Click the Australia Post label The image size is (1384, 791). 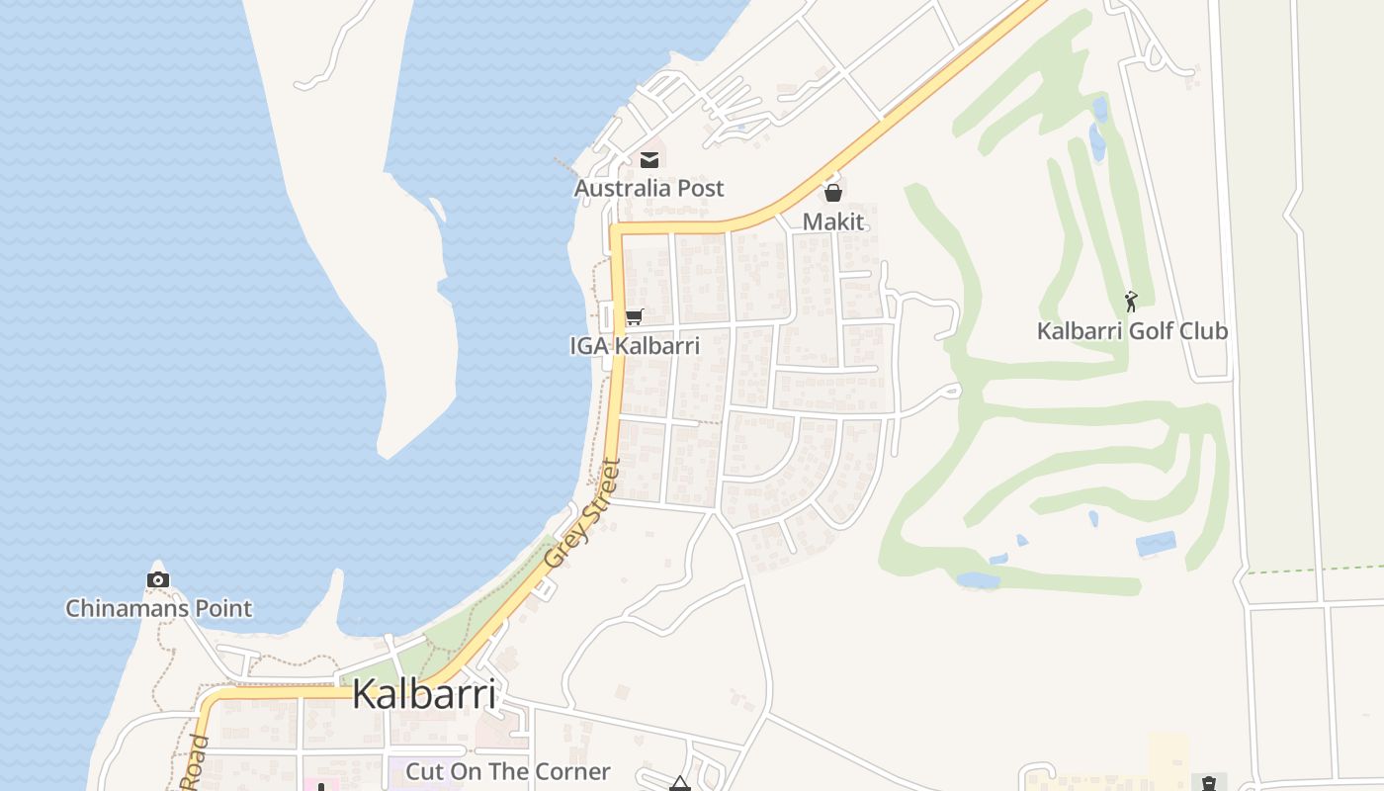tap(649, 188)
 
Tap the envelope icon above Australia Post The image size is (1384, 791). tap(649, 159)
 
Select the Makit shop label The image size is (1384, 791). tap(833, 221)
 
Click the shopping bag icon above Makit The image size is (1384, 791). tap(833, 192)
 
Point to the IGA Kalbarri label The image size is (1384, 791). tap(635, 346)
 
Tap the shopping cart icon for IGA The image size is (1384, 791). tap(634, 317)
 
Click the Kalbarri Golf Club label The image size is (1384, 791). tap(1132, 331)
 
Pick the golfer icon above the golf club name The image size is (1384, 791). tap(1131, 301)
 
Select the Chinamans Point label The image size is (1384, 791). tap(158, 608)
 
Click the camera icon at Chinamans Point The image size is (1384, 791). tap(158, 579)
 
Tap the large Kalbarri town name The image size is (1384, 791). tap(424, 694)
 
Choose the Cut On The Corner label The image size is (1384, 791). tap(508, 771)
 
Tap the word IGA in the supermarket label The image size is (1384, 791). tap(590, 346)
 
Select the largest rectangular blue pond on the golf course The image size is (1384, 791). tap(1156, 544)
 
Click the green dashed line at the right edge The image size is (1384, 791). tap(1315, 569)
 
